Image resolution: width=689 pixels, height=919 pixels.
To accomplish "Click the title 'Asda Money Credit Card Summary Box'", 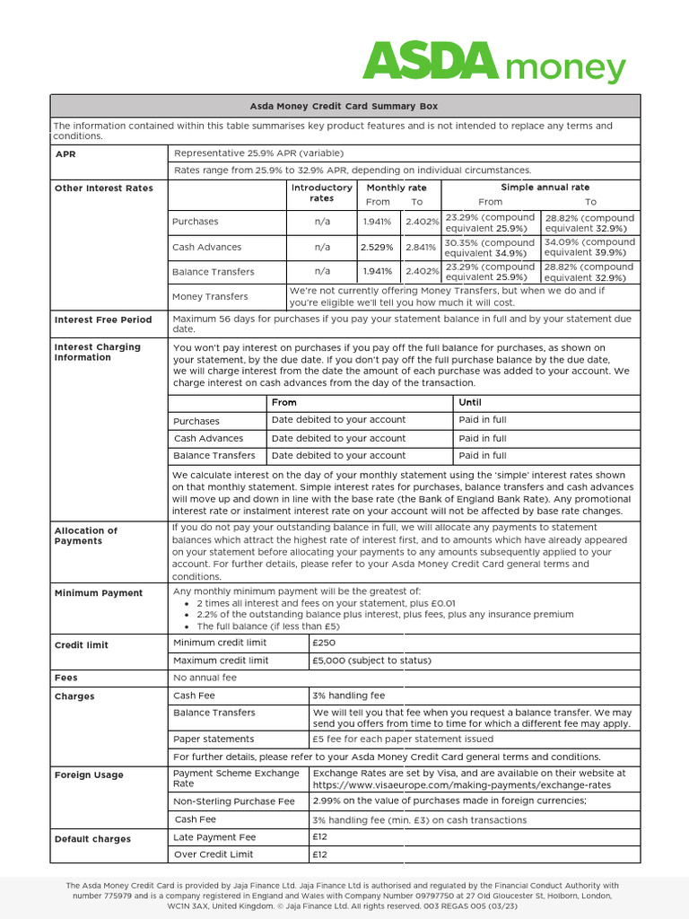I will click(x=344, y=106).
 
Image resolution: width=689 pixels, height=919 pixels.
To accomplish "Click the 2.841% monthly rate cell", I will click(x=420, y=247).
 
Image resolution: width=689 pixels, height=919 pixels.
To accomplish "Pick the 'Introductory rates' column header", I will click(x=321, y=193).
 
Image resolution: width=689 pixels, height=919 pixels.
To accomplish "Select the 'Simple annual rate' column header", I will click(x=539, y=188).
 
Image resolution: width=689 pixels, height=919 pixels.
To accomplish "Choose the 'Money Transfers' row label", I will click(x=210, y=296).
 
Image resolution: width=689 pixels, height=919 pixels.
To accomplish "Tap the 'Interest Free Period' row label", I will click(x=103, y=319).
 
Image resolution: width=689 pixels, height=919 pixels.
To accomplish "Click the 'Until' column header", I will click(x=469, y=403).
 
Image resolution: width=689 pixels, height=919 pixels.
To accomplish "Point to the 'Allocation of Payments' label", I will click(x=85, y=536).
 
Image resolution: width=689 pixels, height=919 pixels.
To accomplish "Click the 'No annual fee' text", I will click(x=206, y=678).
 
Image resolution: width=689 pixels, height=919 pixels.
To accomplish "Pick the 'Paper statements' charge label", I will click(x=214, y=740).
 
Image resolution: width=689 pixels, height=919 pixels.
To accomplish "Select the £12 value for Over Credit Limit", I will click(x=319, y=854).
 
